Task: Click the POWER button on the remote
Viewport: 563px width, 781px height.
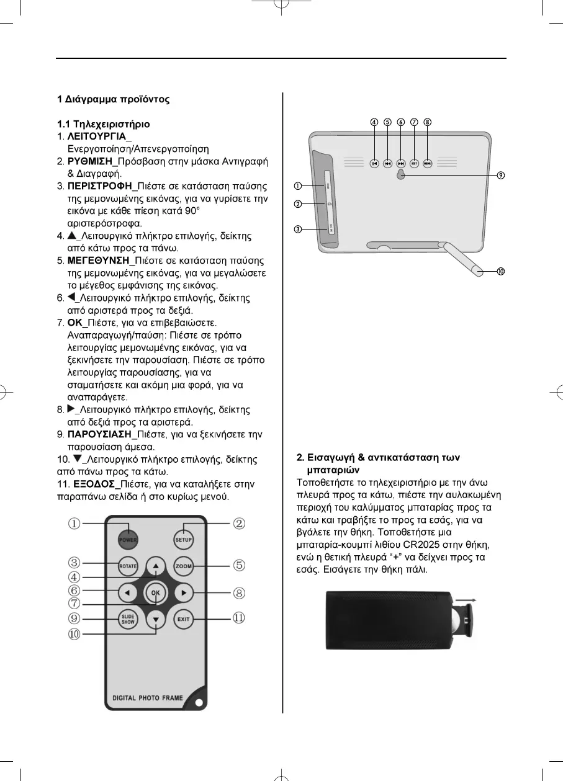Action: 128,538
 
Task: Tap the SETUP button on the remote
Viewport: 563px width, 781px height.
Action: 183,538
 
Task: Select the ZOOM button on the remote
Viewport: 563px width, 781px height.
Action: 183,566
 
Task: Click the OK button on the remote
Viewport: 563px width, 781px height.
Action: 156,592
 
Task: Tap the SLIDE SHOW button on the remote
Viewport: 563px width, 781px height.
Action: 128,619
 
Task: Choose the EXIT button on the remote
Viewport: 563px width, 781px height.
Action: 183,619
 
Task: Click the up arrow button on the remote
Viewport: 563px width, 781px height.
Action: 156,566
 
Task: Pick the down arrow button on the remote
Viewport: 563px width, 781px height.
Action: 156,620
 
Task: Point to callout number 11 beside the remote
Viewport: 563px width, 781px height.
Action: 239,618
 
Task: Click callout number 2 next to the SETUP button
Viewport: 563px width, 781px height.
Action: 239,524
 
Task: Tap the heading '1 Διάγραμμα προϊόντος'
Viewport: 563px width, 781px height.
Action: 114,99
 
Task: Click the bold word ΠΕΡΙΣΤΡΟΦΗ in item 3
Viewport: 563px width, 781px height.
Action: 101,186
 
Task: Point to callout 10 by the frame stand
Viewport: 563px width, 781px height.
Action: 500,271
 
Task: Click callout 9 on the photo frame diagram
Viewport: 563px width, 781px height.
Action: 500,176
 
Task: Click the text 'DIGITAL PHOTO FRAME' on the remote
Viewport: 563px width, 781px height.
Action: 148,698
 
